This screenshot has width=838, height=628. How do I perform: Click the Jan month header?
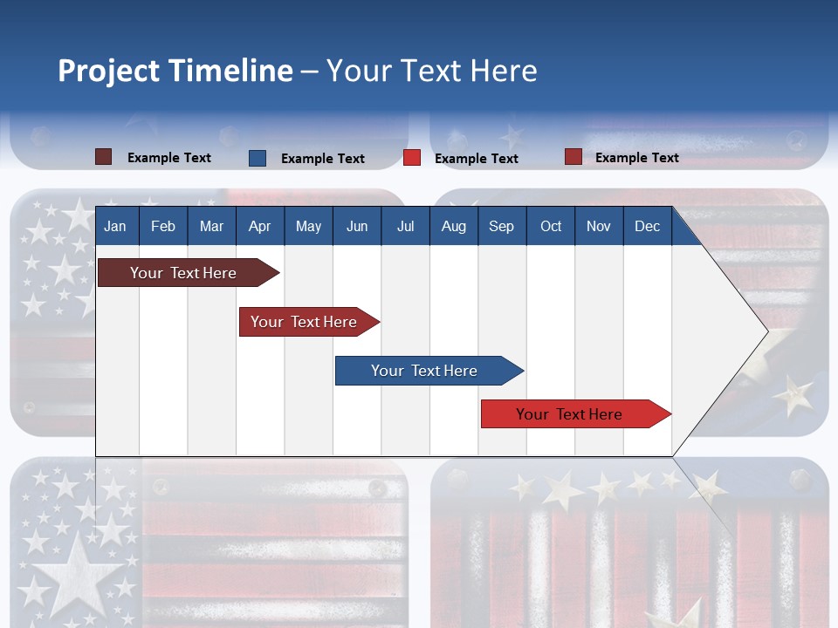point(115,226)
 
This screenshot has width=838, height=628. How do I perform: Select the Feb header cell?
point(163,226)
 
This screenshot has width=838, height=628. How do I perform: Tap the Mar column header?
point(211,226)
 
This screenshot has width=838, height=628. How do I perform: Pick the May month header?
point(308,226)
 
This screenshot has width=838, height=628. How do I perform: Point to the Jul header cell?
point(405,226)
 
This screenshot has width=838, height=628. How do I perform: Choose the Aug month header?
point(453,226)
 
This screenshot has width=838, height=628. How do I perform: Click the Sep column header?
point(501,226)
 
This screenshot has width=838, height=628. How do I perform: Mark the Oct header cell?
point(551,226)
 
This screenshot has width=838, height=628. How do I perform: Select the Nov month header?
point(599,226)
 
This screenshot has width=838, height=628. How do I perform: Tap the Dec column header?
point(647,226)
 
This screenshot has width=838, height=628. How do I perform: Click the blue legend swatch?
point(258,158)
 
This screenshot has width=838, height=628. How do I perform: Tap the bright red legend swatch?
point(412,158)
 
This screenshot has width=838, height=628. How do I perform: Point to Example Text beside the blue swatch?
point(323,159)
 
